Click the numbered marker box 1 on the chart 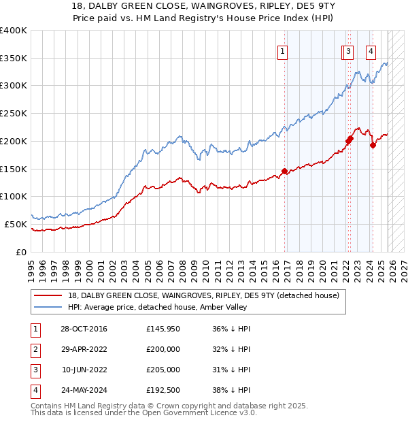pyautogui.click(x=282, y=50)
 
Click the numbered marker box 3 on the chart pyautogui.click(x=348, y=50)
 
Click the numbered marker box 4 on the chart pyautogui.click(x=371, y=50)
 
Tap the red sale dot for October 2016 pyautogui.click(x=285, y=172)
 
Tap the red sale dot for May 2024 pyautogui.click(x=373, y=145)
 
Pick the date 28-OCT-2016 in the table pyautogui.click(x=84, y=329)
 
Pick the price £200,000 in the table pyautogui.click(x=163, y=349)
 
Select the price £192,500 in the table pyautogui.click(x=163, y=390)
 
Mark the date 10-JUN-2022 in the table pyautogui.click(x=84, y=370)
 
